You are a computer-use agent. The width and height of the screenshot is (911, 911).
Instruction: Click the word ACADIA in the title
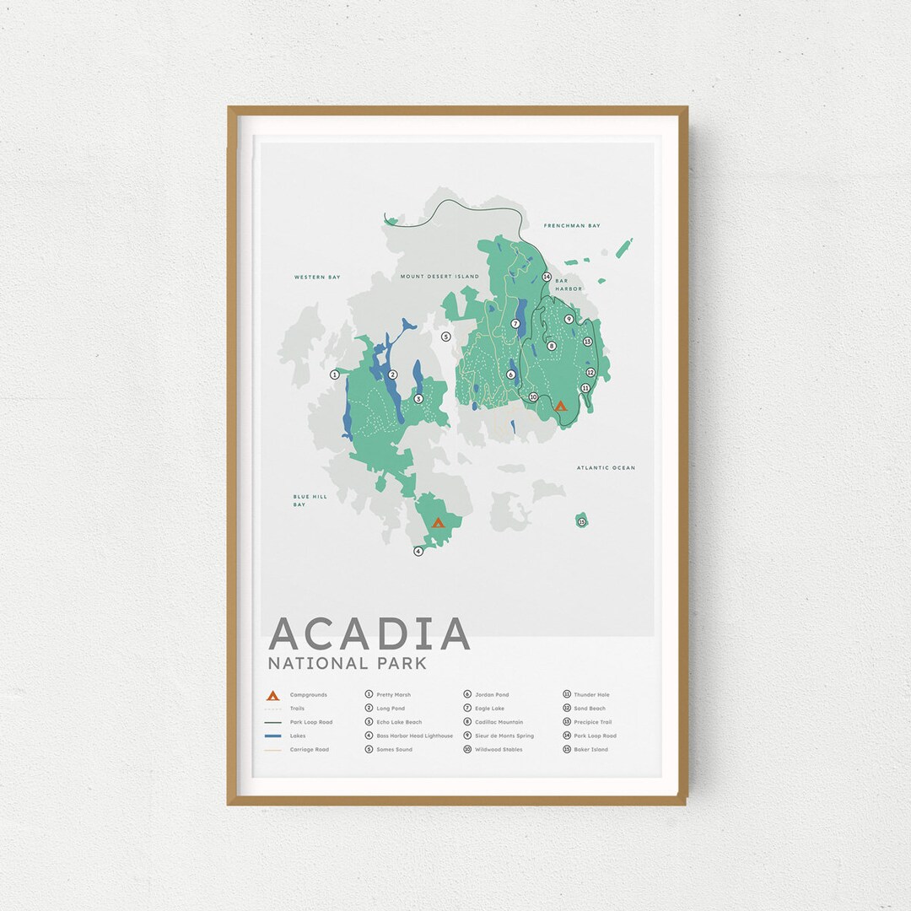[x=369, y=633]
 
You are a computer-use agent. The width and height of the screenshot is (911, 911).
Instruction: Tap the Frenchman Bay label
[x=572, y=226]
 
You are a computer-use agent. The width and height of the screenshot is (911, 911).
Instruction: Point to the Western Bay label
[x=316, y=277]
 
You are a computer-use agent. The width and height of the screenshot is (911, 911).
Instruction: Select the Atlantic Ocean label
[x=606, y=467]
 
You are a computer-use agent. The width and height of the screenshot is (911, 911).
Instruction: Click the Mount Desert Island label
[x=439, y=277]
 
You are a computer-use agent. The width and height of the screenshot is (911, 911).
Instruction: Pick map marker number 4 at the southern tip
[x=418, y=552]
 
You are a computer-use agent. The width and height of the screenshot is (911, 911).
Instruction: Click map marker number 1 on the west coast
[x=334, y=374]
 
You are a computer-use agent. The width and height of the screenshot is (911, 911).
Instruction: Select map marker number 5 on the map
[x=446, y=337]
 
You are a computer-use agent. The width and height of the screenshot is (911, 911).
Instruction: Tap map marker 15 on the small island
[x=581, y=522]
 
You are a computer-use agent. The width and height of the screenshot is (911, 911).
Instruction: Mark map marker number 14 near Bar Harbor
[x=547, y=277]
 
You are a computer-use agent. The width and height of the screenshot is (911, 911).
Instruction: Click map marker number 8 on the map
[x=552, y=346]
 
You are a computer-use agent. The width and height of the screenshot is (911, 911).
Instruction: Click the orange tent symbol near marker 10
[x=559, y=406]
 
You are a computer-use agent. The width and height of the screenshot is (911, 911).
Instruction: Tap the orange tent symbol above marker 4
[x=437, y=522]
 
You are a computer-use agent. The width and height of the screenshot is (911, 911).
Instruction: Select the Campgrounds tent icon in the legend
[x=272, y=695]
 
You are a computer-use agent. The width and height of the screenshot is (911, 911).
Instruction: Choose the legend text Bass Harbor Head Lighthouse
[x=414, y=736]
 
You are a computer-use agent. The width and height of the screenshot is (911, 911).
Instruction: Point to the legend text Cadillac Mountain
[x=499, y=722]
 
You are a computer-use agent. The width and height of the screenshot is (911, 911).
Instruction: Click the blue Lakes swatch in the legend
[x=272, y=736]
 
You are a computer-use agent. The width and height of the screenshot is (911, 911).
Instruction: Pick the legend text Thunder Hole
[x=591, y=695]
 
